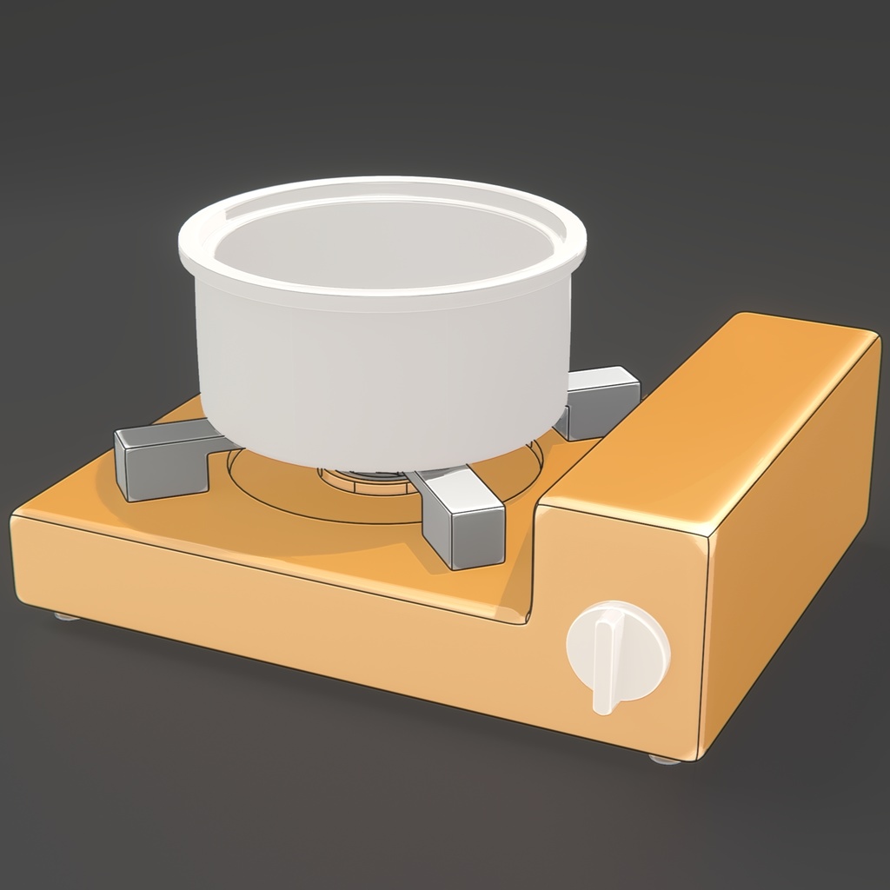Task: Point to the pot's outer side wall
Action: (374, 374)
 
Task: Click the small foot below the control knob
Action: (665, 759)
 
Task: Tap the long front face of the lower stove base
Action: (261, 600)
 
